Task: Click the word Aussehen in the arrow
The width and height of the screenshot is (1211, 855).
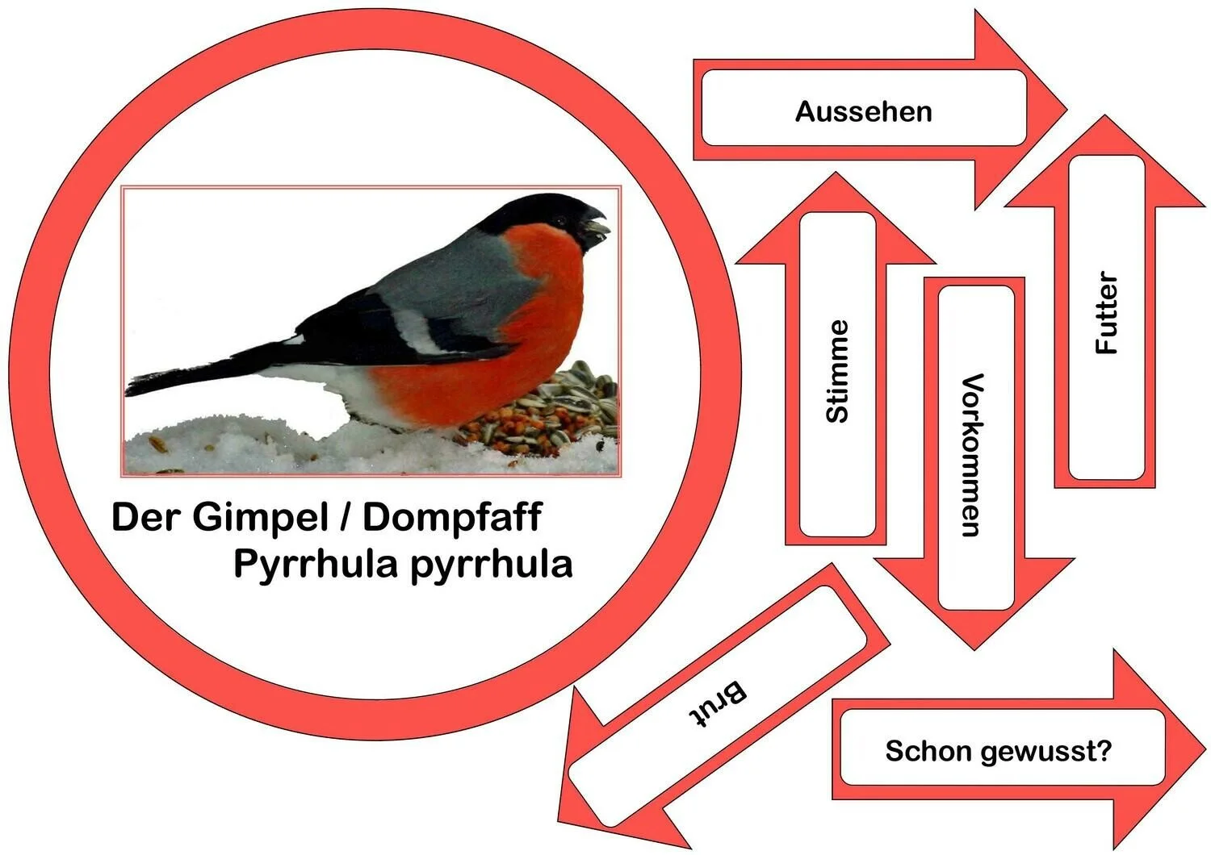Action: pyautogui.click(x=863, y=111)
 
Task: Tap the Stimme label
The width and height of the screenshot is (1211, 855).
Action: pyautogui.click(x=837, y=371)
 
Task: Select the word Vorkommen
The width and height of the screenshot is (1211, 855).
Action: pyautogui.click(x=972, y=454)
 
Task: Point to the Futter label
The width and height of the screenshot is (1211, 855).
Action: pyautogui.click(x=1107, y=313)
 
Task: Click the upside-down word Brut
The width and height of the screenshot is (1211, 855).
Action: pyautogui.click(x=718, y=704)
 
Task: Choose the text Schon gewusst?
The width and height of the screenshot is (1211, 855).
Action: pyautogui.click(x=998, y=751)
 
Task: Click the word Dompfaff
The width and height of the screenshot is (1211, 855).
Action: pyautogui.click(x=452, y=517)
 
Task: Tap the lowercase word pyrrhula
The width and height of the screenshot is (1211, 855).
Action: pyautogui.click(x=492, y=564)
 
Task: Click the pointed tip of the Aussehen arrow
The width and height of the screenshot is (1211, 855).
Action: pyautogui.click(x=1063, y=110)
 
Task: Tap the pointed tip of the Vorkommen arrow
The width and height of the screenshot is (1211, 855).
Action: pyautogui.click(x=975, y=645)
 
